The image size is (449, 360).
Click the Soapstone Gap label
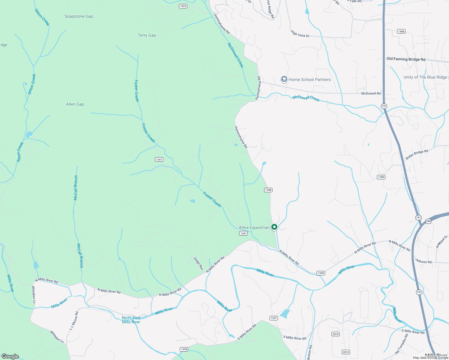tap(79, 16)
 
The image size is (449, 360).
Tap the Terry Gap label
tap(147, 35)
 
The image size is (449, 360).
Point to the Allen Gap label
tap(75, 104)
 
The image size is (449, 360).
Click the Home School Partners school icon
tap(284, 79)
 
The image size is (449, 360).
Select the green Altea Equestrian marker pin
tap(274, 227)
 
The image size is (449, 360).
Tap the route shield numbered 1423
tap(183, 6)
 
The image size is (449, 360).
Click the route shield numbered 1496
tap(401, 31)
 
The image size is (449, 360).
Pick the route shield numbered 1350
tap(381, 177)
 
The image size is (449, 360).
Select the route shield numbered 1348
tap(268, 190)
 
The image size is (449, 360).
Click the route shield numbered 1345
tap(321, 273)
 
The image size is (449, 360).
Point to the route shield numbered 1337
tap(273, 318)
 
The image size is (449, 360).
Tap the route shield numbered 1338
tap(184, 349)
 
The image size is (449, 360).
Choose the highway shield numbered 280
tap(428, 221)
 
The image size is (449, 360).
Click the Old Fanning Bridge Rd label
tap(406, 59)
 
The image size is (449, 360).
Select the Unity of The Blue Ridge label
tap(425, 77)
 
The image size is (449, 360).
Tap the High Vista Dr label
tap(300, 34)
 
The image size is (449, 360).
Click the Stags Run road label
tap(198, 263)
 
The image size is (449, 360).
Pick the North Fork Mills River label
tap(131, 320)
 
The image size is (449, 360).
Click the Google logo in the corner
tap(10, 356)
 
